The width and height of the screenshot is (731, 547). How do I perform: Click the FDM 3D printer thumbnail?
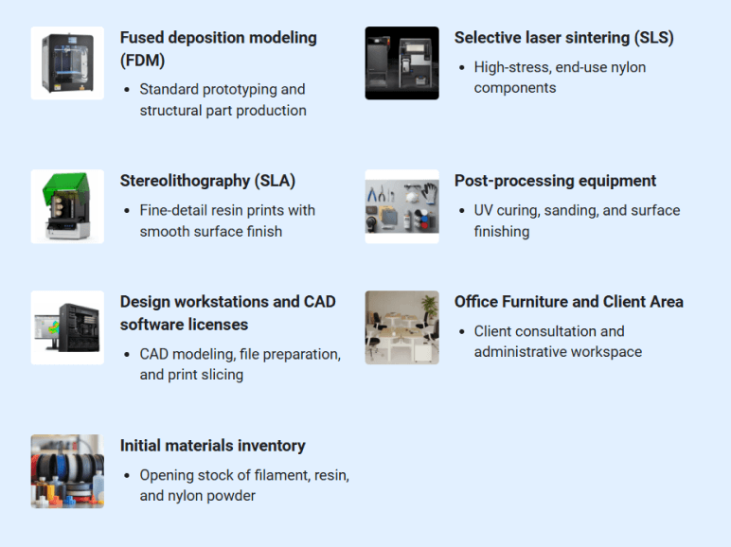(x=67, y=63)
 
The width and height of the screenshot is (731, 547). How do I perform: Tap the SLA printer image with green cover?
(x=67, y=206)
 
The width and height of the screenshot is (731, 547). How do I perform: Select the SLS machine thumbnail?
(x=401, y=63)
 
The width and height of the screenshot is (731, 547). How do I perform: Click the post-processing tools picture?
(x=401, y=206)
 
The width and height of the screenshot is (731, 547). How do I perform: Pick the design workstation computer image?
(x=67, y=327)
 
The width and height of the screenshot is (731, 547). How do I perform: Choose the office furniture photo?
(x=401, y=327)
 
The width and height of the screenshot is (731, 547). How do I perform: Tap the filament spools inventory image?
(x=67, y=471)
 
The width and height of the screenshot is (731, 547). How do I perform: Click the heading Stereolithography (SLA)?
(x=207, y=181)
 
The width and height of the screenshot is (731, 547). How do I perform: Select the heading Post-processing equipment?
(x=555, y=181)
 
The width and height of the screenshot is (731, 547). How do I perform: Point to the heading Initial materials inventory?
(x=212, y=446)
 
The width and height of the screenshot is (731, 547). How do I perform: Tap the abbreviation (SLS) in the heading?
(x=652, y=38)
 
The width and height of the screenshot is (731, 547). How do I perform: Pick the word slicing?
(x=222, y=375)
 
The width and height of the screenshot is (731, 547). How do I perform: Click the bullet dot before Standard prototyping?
(x=127, y=90)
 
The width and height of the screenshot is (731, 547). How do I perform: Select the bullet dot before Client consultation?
(x=461, y=332)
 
